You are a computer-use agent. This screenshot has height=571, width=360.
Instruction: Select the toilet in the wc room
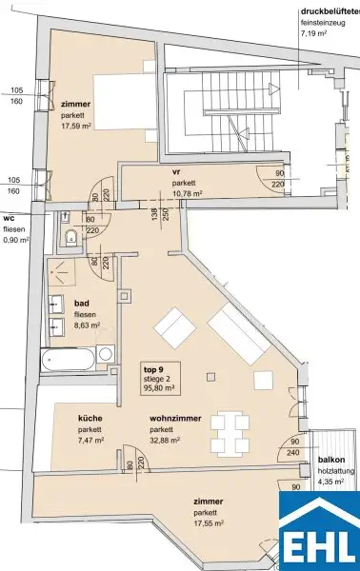(72, 235)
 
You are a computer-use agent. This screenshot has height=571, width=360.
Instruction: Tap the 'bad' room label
(82, 305)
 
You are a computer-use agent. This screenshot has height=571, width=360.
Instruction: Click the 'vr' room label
(177, 171)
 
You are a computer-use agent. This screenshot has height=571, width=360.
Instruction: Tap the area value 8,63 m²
(90, 326)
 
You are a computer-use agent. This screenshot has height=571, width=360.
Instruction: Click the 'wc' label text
(9, 217)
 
